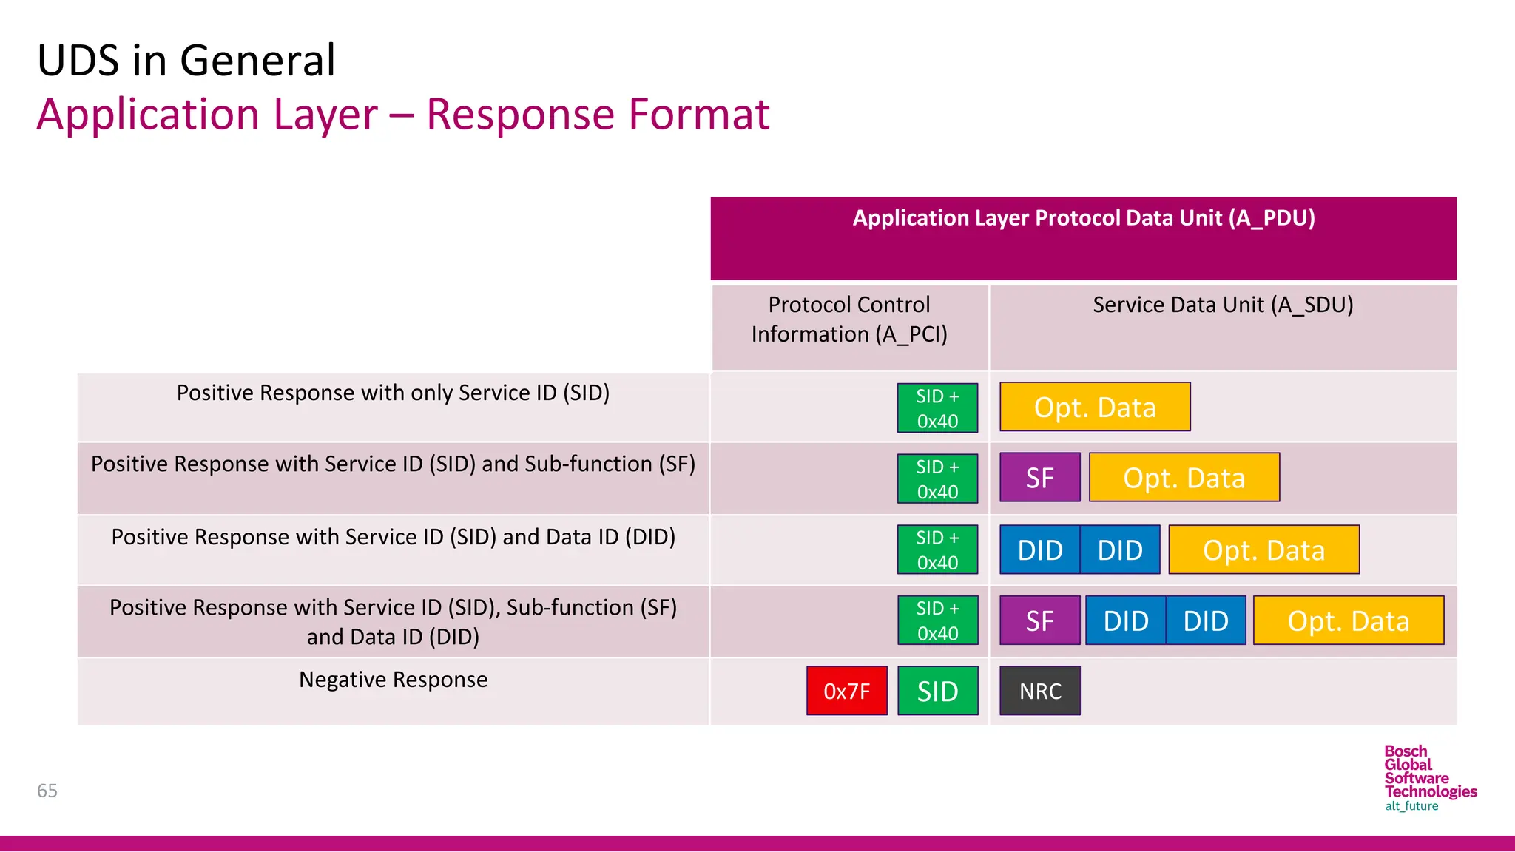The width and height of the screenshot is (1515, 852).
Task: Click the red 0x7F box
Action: point(846,691)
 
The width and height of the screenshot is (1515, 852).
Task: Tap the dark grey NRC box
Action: point(1039,691)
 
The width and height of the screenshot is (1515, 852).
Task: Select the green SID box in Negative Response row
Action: point(937,691)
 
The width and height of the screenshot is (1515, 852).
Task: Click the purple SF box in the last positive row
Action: point(1039,621)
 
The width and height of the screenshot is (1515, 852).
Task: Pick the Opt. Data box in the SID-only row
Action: point(1094,407)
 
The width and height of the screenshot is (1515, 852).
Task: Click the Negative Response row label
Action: point(393,680)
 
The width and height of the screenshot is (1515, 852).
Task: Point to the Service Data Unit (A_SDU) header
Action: point(1222,305)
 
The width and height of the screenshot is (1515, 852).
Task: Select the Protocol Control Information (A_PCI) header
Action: point(849,319)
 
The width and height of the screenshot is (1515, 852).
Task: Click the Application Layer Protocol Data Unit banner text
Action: point(1083,218)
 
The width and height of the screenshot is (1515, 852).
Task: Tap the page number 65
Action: point(47,791)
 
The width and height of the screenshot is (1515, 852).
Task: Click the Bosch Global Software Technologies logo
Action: point(1429,778)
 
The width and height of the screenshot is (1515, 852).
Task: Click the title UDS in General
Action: point(186,61)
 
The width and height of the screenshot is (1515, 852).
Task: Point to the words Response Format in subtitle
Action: point(598,115)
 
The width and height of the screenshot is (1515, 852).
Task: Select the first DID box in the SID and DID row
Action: point(1039,550)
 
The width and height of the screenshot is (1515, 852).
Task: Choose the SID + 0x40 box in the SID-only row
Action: point(937,408)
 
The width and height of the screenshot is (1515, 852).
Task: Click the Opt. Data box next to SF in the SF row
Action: point(1184,478)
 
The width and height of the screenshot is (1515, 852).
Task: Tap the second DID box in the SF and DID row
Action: point(1205,621)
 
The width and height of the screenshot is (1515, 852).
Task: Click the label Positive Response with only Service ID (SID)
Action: point(393,393)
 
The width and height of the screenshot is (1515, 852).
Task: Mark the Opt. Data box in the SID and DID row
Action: point(1263,550)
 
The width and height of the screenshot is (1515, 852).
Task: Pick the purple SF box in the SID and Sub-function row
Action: point(1039,478)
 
